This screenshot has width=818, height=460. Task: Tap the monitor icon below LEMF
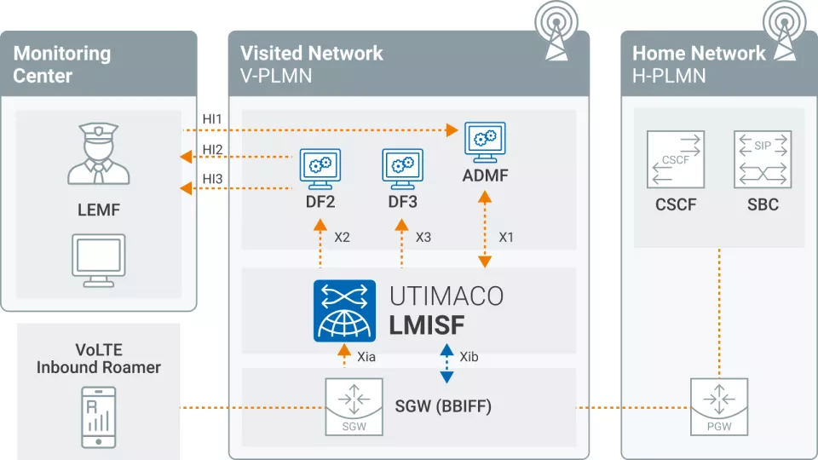pyautogui.click(x=98, y=259)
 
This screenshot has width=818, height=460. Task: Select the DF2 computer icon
pyautogui.click(x=320, y=170)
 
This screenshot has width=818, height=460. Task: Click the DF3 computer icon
pyautogui.click(x=402, y=170)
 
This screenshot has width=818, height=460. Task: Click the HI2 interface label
pyautogui.click(x=212, y=151)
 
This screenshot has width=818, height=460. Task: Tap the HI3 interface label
pyautogui.click(x=212, y=179)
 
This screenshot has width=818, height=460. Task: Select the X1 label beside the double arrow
pyautogui.click(x=506, y=237)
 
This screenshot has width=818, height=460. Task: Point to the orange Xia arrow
pyautogui.click(x=343, y=354)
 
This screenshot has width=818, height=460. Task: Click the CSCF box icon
pyautogui.click(x=675, y=159)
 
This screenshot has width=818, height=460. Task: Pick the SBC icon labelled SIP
pyautogui.click(x=762, y=159)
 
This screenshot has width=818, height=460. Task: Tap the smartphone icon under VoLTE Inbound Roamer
pyautogui.click(x=98, y=416)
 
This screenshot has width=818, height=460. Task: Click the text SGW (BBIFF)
pyautogui.click(x=443, y=407)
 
